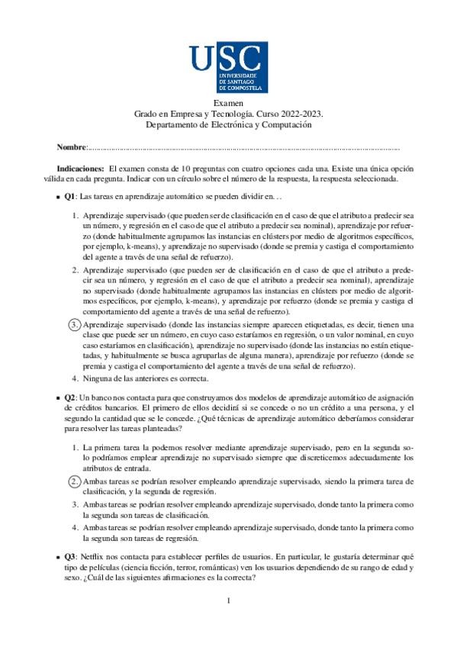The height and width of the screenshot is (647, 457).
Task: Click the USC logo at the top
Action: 228,66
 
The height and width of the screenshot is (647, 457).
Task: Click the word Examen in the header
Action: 228,102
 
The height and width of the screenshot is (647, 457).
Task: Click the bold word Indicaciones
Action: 80,167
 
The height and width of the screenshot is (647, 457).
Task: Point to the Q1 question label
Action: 69,196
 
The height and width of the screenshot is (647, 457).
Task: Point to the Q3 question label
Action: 69,557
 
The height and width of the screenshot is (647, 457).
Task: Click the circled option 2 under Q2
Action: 75,481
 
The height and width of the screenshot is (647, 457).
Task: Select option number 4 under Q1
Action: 75,378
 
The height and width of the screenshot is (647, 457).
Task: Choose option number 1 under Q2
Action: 75,446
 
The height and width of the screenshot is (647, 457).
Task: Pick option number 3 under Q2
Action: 75,504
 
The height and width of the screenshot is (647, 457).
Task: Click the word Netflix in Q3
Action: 94,557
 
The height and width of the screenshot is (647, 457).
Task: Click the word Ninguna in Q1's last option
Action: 98,378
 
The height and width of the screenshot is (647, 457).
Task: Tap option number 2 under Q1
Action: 75,270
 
